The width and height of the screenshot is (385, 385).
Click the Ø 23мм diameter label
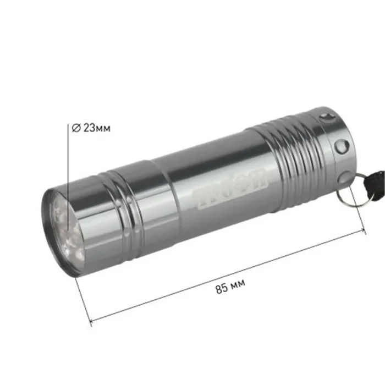(x=91, y=128)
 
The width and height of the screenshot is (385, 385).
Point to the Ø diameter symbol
(x=76, y=128)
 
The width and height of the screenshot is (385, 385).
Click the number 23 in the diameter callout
(x=88, y=128)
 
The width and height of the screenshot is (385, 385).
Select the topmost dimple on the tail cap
(x=329, y=116)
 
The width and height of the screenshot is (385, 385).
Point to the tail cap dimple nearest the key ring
(x=345, y=177)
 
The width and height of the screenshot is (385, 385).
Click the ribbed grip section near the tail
(x=286, y=162)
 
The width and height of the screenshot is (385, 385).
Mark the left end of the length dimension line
(x=90, y=321)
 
